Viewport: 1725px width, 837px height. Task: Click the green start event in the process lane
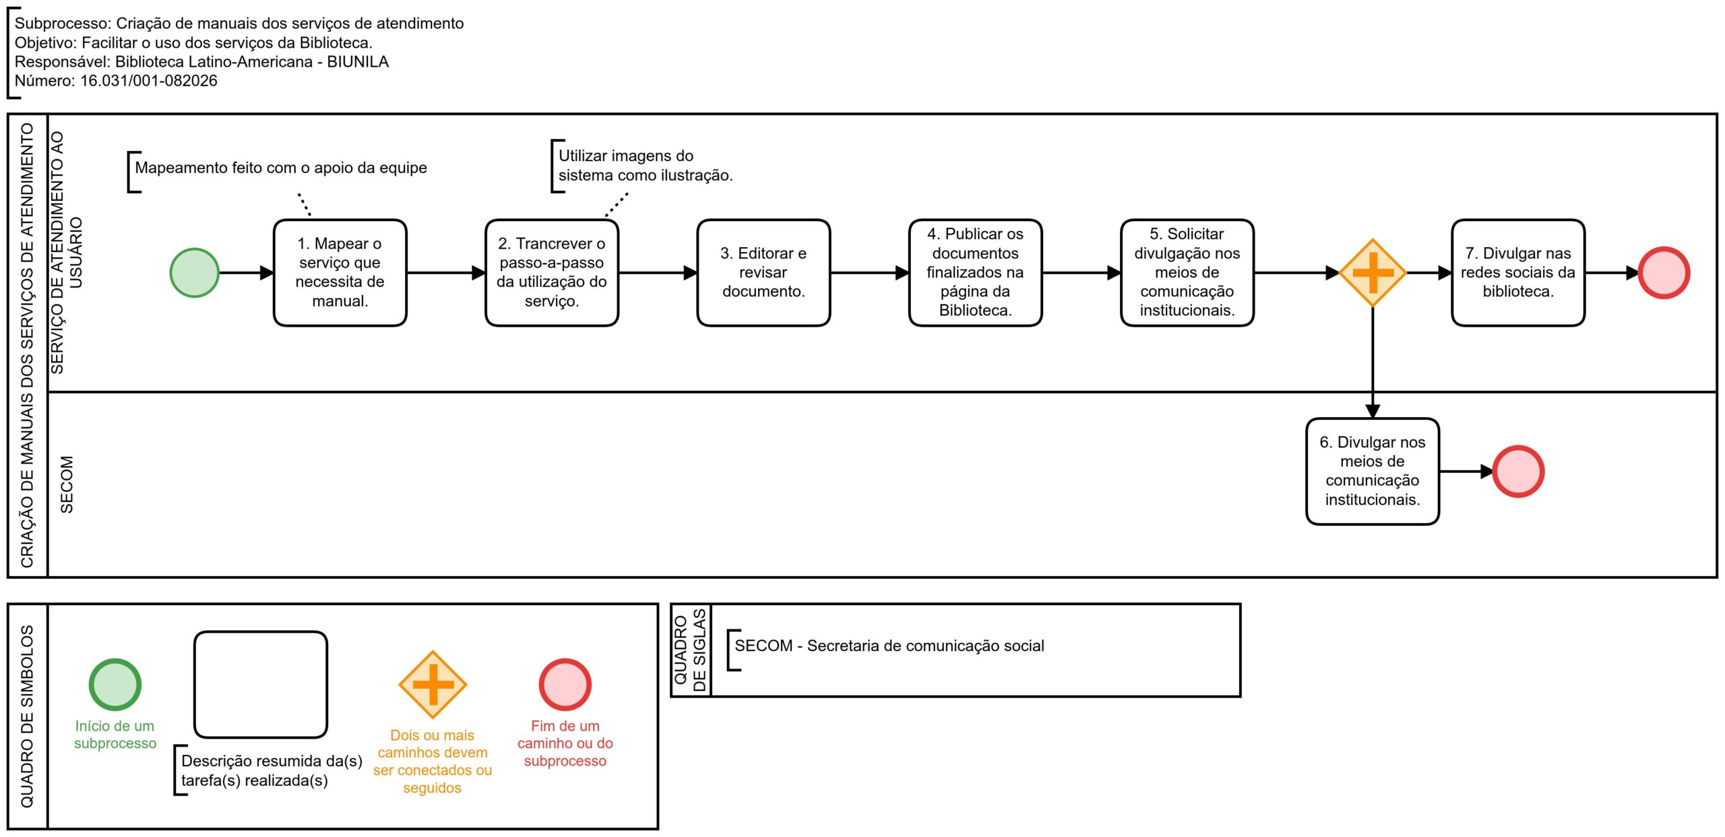pyautogui.click(x=194, y=273)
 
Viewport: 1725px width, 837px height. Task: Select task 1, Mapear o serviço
pyautogui.click(x=340, y=273)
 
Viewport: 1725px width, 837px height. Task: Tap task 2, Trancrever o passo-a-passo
pyautogui.click(x=552, y=273)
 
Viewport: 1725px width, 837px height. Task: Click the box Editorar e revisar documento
pyautogui.click(x=763, y=273)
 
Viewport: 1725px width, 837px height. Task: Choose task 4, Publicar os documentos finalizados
pyautogui.click(x=975, y=273)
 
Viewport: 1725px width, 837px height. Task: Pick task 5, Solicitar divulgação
pyautogui.click(x=1187, y=273)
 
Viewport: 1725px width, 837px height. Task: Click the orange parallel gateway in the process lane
pyautogui.click(x=1373, y=273)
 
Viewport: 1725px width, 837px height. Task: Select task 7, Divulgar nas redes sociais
pyautogui.click(x=1518, y=273)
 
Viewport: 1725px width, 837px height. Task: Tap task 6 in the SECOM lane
pyautogui.click(x=1373, y=472)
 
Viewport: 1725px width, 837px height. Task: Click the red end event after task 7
pyautogui.click(x=1664, y=273)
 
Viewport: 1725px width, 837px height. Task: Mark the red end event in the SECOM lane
pyautogui.click(x=1518, y=472)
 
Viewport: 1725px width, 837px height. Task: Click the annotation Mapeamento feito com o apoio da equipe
pyautogui.click(x=281, y=168)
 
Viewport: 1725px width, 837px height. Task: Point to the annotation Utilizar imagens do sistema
pyautogui.click(x=645, y=166)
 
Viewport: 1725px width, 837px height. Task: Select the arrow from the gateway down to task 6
pyautogui.click(x=1373, y=363)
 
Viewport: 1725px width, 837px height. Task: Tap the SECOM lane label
pyautogui.click(x=67, y=485)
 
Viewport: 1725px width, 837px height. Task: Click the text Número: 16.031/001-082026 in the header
pyautogui.click(x=116, y=81)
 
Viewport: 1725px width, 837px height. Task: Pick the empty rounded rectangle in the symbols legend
pyautogui.click(x=261, y=685)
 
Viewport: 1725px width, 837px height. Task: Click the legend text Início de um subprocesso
pyautogui.click(x=115, y=735)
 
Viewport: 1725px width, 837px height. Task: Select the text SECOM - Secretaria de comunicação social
pyautogui.click(x=889, y=646)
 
